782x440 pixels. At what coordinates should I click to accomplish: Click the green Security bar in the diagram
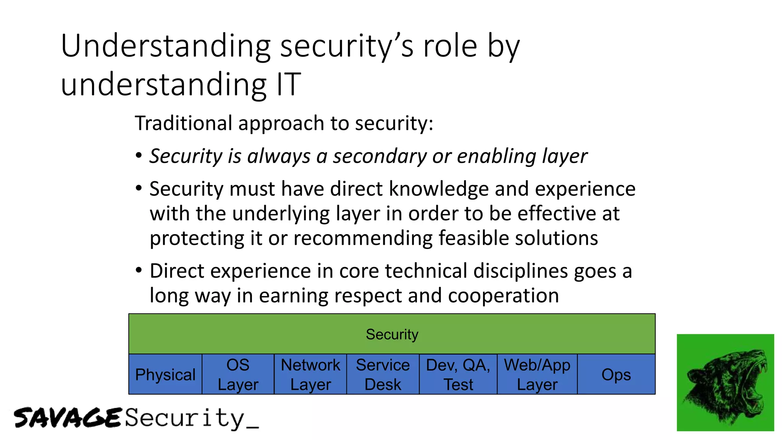click(x=392, y=334)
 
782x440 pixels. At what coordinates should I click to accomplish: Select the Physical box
click(x=165, y=374)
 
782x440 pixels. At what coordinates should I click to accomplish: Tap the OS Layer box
click(x=238, y=374)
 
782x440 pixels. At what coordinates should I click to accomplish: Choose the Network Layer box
click(x=310, y=374)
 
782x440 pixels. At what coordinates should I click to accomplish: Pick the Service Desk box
click(x=383, y=374)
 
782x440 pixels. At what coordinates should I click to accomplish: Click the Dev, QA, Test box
click(x=458, y=374)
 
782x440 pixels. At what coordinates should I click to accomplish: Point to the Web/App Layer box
click(x=537, y=374)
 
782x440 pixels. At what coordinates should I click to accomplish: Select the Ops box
click(x=616, y=374)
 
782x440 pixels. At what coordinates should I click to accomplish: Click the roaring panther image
click(x=725, y=383)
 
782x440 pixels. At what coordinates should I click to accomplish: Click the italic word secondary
click(x=380, y=156)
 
